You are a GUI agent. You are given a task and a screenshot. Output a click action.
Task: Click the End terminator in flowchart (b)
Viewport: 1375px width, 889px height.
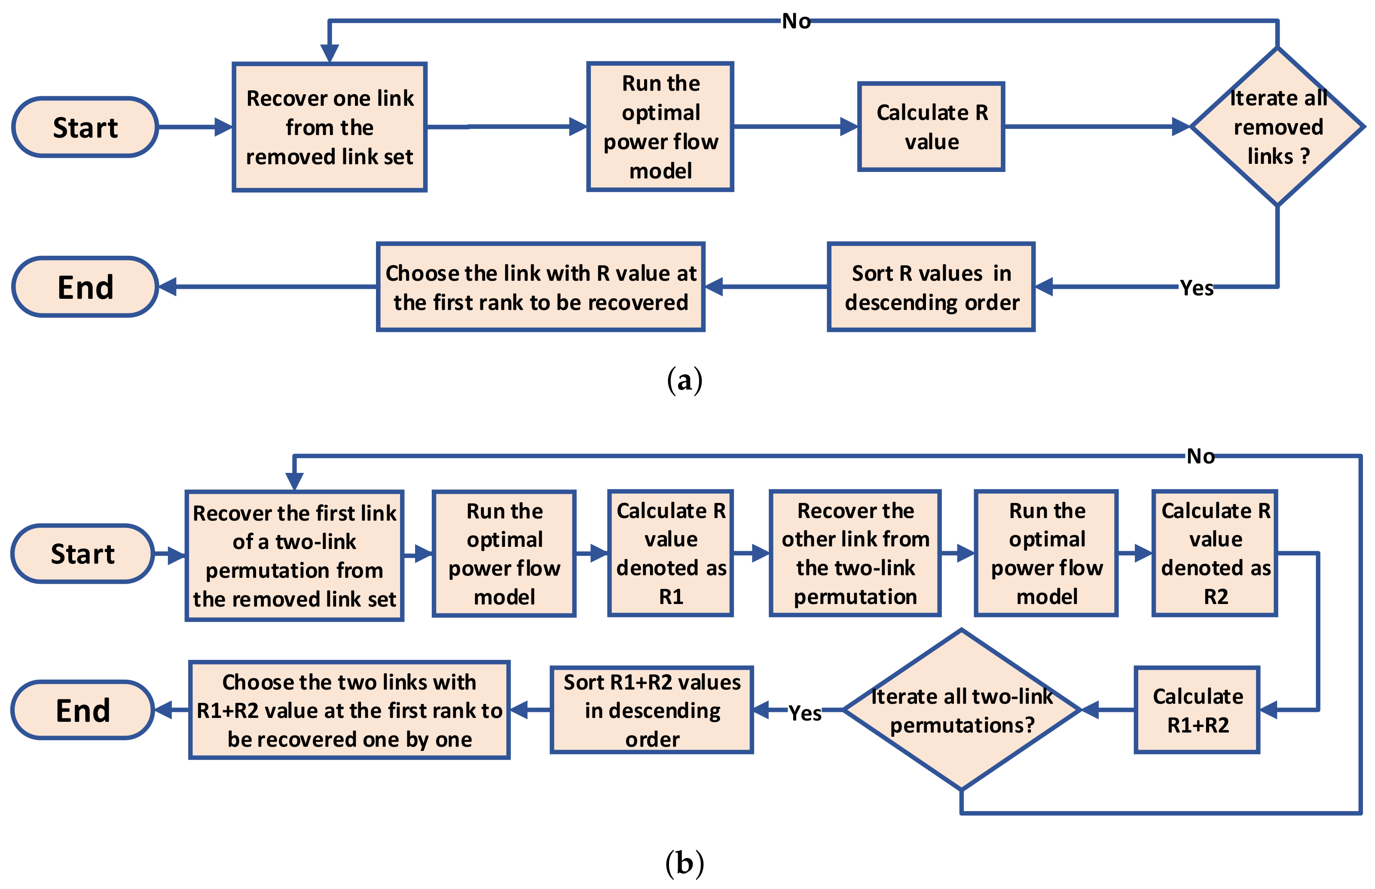click(x=82, y=710)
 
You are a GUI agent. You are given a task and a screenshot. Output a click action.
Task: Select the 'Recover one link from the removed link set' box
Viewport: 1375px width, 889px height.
click(x=330, y=127)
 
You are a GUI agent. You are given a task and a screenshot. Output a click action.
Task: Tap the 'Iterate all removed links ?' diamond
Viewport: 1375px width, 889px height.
click(x=1277, y=127)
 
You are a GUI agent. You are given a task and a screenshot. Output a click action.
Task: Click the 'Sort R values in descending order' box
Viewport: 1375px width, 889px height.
click(x=931, y=287)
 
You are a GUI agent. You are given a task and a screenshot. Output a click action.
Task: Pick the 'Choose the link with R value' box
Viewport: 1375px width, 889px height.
click(x=541, y=287)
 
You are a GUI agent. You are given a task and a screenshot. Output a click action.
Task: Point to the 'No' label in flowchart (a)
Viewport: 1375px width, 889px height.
click(x=796, y=21)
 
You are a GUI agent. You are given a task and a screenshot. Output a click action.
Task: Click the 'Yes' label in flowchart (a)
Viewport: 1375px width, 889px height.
click(x=1196, y=287)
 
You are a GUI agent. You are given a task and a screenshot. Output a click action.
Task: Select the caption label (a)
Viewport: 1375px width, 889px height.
click(x=684, y=380)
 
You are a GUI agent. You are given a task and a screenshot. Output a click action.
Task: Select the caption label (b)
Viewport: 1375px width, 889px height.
click(x=684, y=863)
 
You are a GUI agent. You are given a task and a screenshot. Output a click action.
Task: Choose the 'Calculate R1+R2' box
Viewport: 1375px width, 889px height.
click(x=1197, y=710)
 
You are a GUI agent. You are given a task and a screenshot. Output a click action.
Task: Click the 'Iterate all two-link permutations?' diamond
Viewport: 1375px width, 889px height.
click(x=961, y=710)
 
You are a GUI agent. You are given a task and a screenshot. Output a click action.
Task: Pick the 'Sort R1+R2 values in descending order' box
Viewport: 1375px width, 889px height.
click(x=652, y=710)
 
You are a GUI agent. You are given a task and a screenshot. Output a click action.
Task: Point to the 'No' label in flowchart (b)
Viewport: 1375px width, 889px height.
click(x=1200, y=456)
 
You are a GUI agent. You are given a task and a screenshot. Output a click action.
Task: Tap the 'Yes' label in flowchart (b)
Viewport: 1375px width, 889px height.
click(x=804, y=713)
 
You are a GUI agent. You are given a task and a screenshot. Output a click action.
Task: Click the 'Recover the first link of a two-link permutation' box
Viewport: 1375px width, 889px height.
click(x=294, y=555)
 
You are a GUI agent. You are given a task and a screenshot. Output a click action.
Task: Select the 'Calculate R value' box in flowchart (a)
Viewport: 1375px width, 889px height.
click(x=931, y=127)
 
